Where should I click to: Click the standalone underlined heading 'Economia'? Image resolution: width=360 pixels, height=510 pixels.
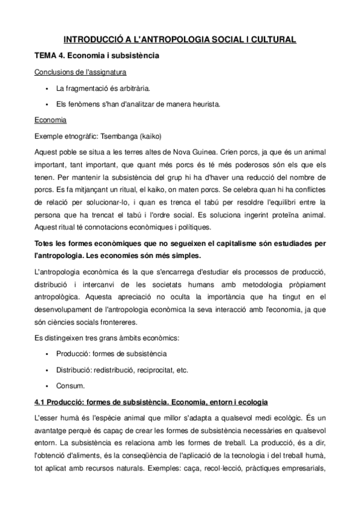pos(50,120)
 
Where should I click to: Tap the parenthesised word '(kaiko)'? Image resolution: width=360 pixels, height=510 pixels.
pos(151,135)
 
